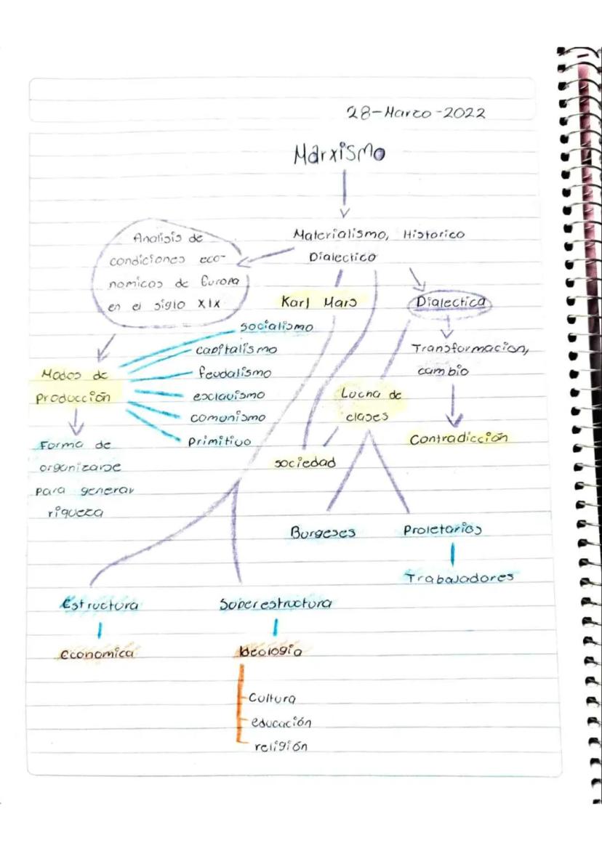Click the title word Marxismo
pos(339,154)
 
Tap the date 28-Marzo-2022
pos(416,113)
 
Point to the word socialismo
pos(276,327)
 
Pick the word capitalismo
pos(236,350)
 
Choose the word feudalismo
pos(234,374)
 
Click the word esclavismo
pos(228,396)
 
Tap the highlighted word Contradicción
pos(457,439)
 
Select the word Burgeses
pos(323,532)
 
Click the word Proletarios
pos(443,530)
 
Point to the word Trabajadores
pos(459,578)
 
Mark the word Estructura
pos(100,605)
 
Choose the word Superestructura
pos(276,604)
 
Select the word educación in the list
pos(281,723)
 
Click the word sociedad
pos(305,462)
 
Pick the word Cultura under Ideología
pos(272,698)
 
